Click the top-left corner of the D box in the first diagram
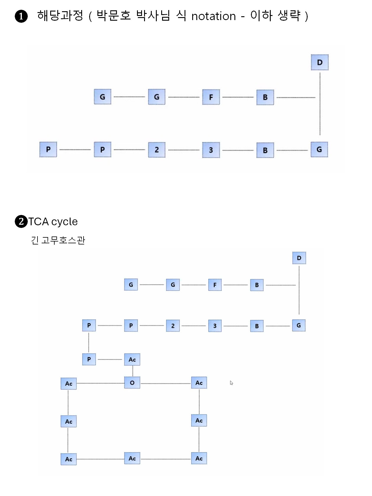[x=311, y=54]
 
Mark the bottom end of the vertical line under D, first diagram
[x=320, y=135]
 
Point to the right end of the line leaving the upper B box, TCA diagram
[x=296, y=285]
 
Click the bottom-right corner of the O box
[x=140, y=389]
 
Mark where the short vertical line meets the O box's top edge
[x=133, y=377]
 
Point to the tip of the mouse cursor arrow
[x=230, y=381]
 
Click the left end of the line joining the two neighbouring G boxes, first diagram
[x=114, y=97]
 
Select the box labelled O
[x=132, y=383]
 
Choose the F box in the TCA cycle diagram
[x=215, y=285]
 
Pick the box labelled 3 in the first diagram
[x=211, y=150]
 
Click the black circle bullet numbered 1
[x=21, y=16]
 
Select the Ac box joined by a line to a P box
[x=132, y=360]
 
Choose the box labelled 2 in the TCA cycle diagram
[x=173, y=326]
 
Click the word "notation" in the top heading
[x=213, y=16]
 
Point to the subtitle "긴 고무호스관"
[x=58, y=240]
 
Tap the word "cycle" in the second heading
[x=64, y=222]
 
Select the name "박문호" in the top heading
[x=114, y=16]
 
